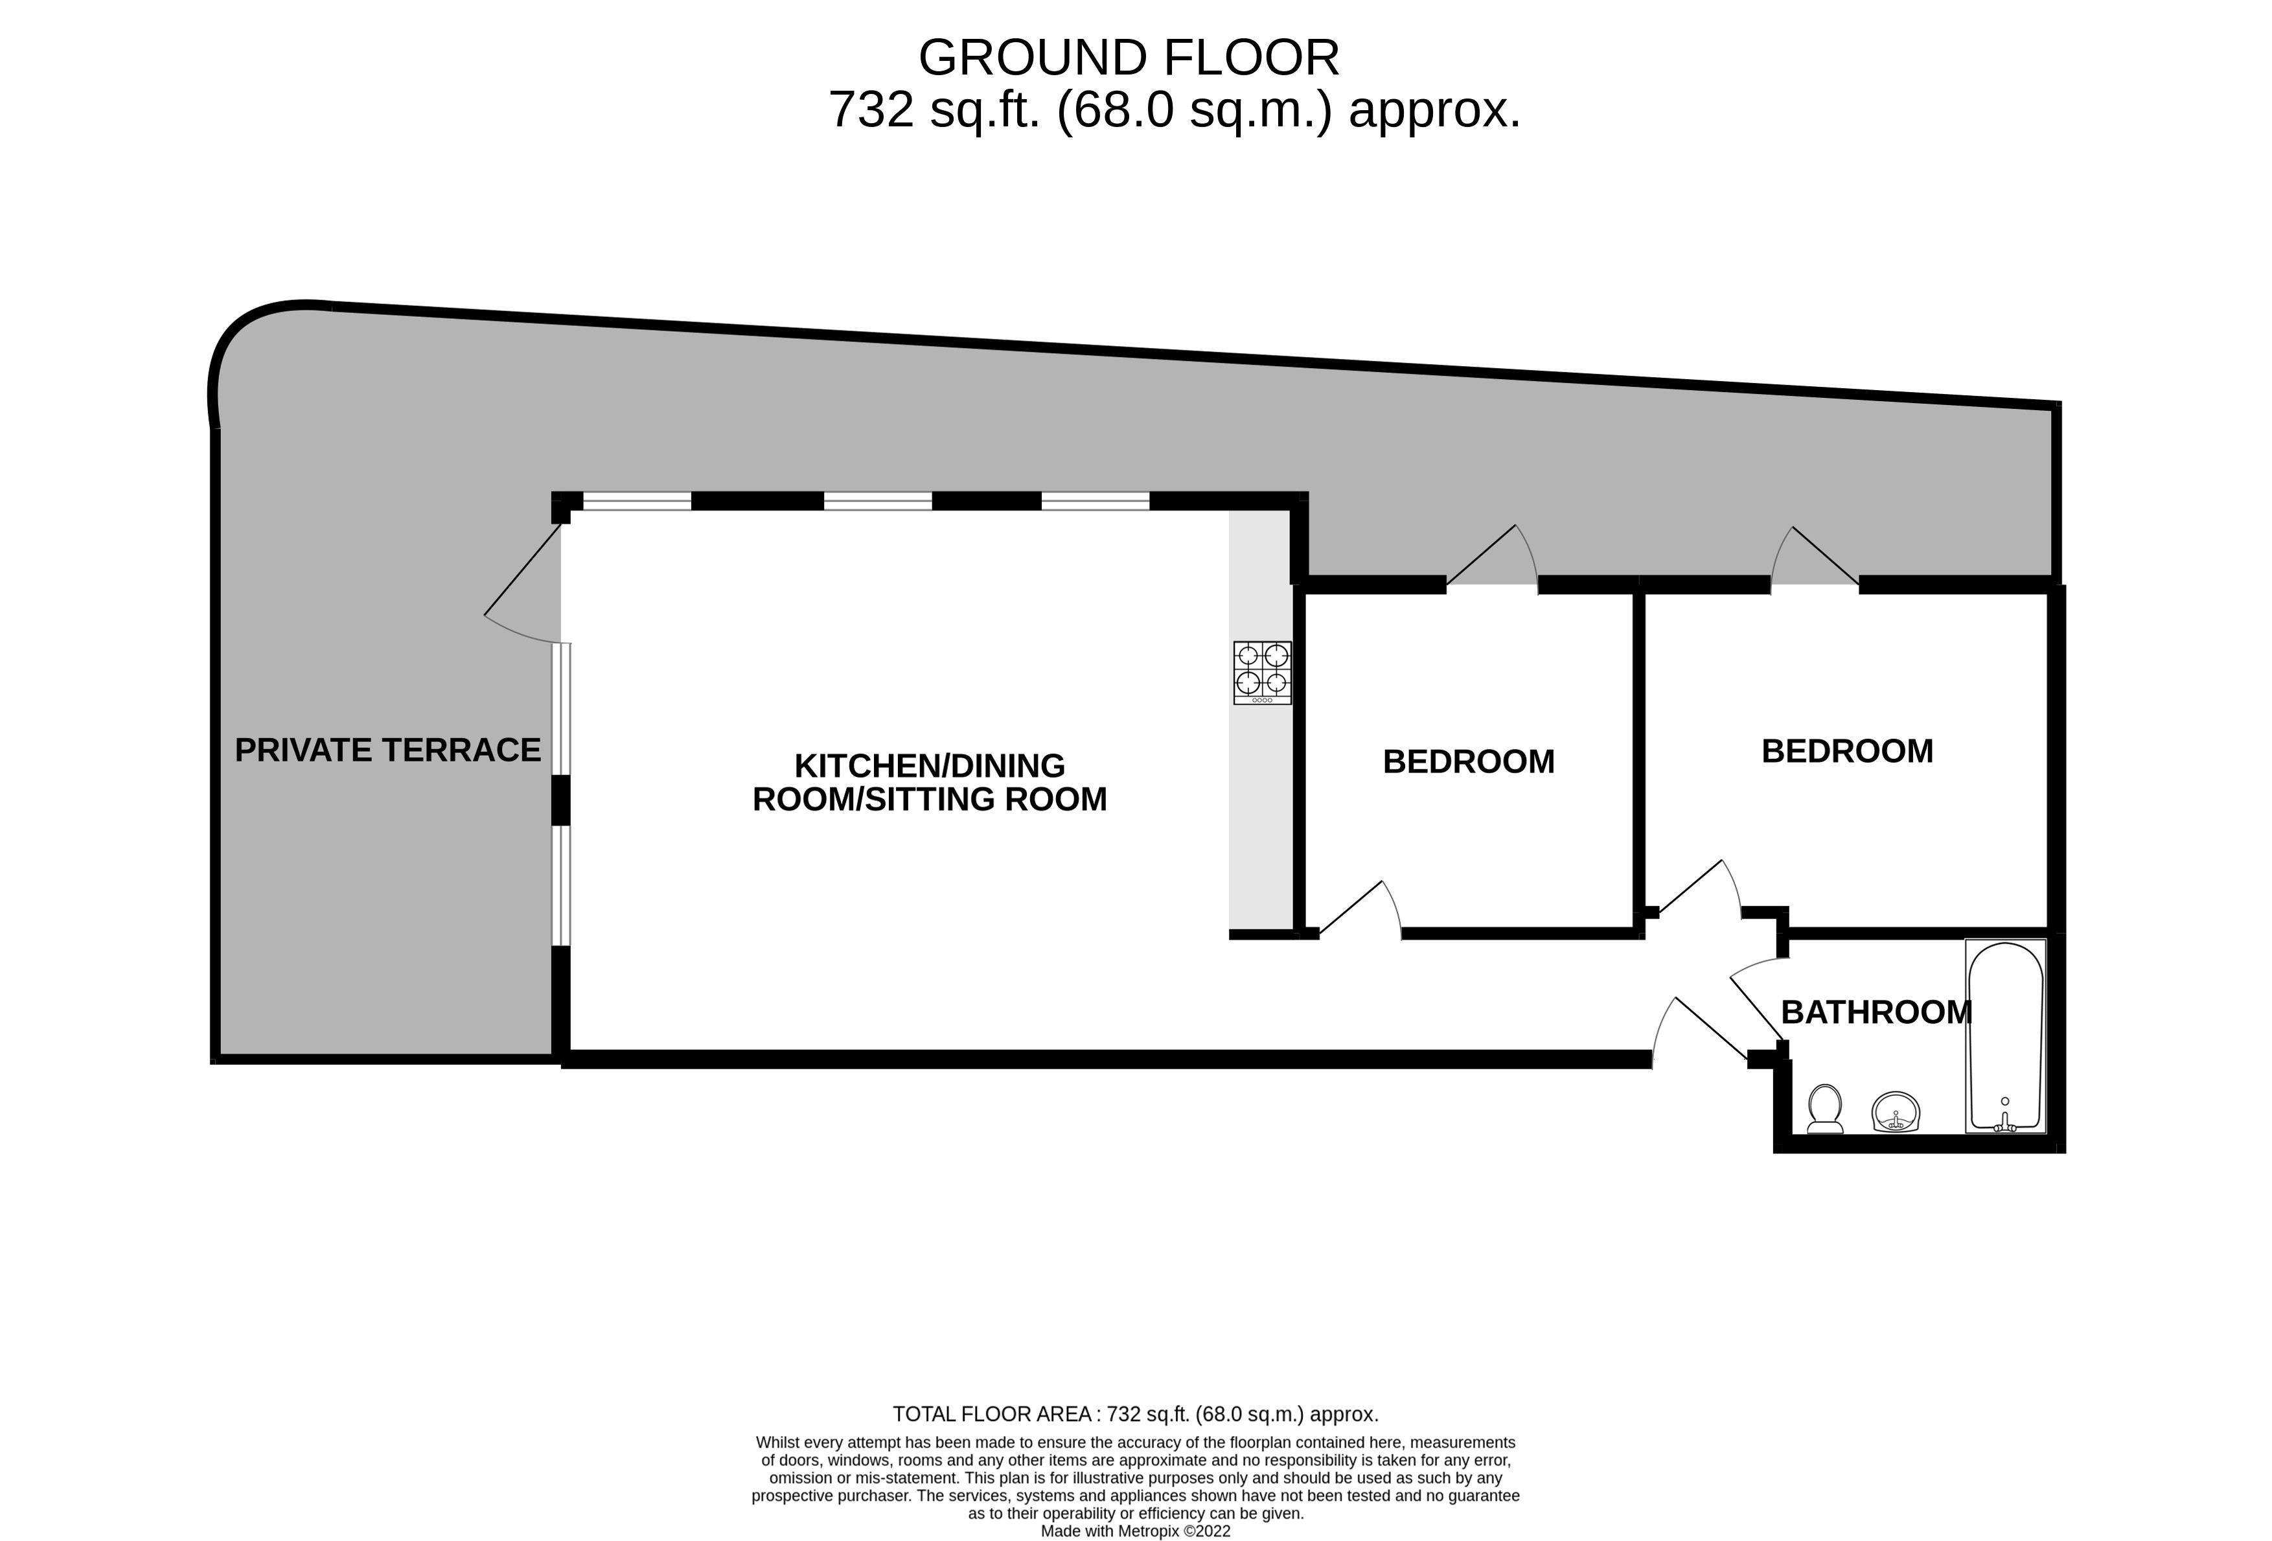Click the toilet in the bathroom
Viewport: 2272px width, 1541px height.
click(x=1824, y=1108)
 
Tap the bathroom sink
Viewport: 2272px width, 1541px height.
click(x=1896, y=1112)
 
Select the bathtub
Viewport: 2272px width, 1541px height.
click(x=2005, y=1036)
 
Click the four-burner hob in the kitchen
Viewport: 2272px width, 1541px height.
click(x=1262, y=672)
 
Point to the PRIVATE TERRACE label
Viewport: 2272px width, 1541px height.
click(x=387, y=750)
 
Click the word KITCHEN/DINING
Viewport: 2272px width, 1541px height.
click(x=929, y=765)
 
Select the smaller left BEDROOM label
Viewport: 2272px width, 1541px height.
click(x=1469, y=761)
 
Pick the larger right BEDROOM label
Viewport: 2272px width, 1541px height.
click(x=1847, y=751)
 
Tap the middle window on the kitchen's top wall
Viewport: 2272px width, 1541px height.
click(x=878, y=502)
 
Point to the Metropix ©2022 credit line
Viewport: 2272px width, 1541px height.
click(x=1135, y=1531)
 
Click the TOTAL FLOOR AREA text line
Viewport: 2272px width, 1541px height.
click(x=1135, y=1414)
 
